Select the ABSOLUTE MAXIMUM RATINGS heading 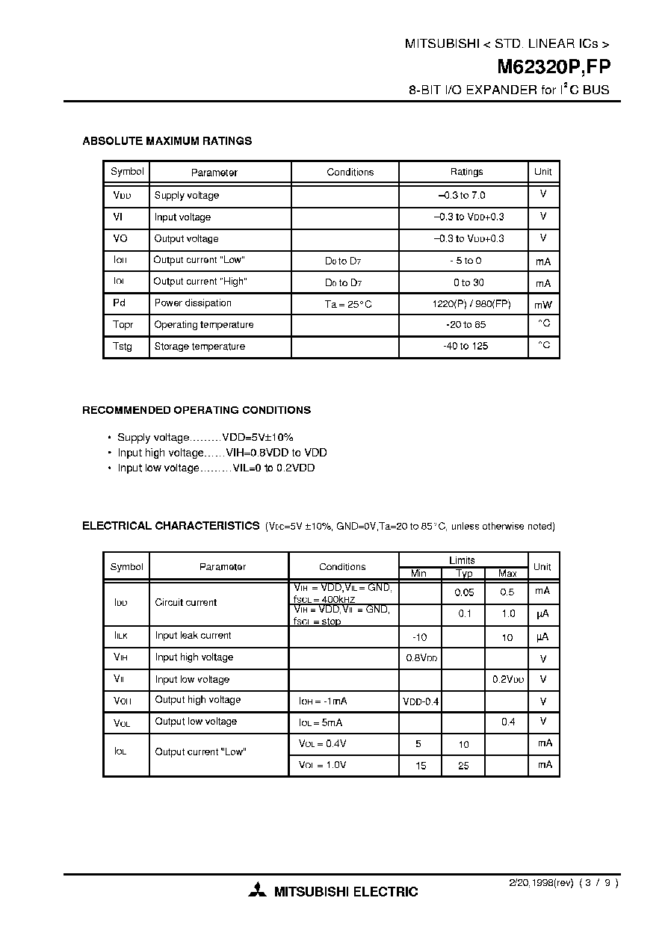pyautogui.click(x=167, y=140)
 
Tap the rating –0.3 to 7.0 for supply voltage pyautogui.click(x=463, y=195)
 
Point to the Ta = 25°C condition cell pyautogui.click(x=348, y=304)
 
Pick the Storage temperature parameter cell pyautogui.click(x=200, y=347)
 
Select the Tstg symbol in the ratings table pyautogui.click(x=123, y=347)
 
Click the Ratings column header pyautogui.click(x=466, y=172)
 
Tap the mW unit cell pyautogui.click(x=542, y=305)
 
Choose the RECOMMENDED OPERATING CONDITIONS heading pyautogui.click(x=197, y=410)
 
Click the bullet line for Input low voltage pyautogui.click(x=216, y=468)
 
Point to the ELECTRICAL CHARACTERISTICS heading pyautogui.click(x=170, y=526)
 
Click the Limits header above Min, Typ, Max pyautogui.click(x=462, y=560)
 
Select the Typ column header pyautogui.click(x=464, y=574)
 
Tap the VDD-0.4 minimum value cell pyautogui.click(x=421, y=701)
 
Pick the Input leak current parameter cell pyautogui.click(x=193, y=636)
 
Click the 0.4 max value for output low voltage pyautogui.click(x=508, y=722)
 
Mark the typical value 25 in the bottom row pyautogui.click(x=463, y=766)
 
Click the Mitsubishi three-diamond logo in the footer pyautogui.click(x=258, y=891)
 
